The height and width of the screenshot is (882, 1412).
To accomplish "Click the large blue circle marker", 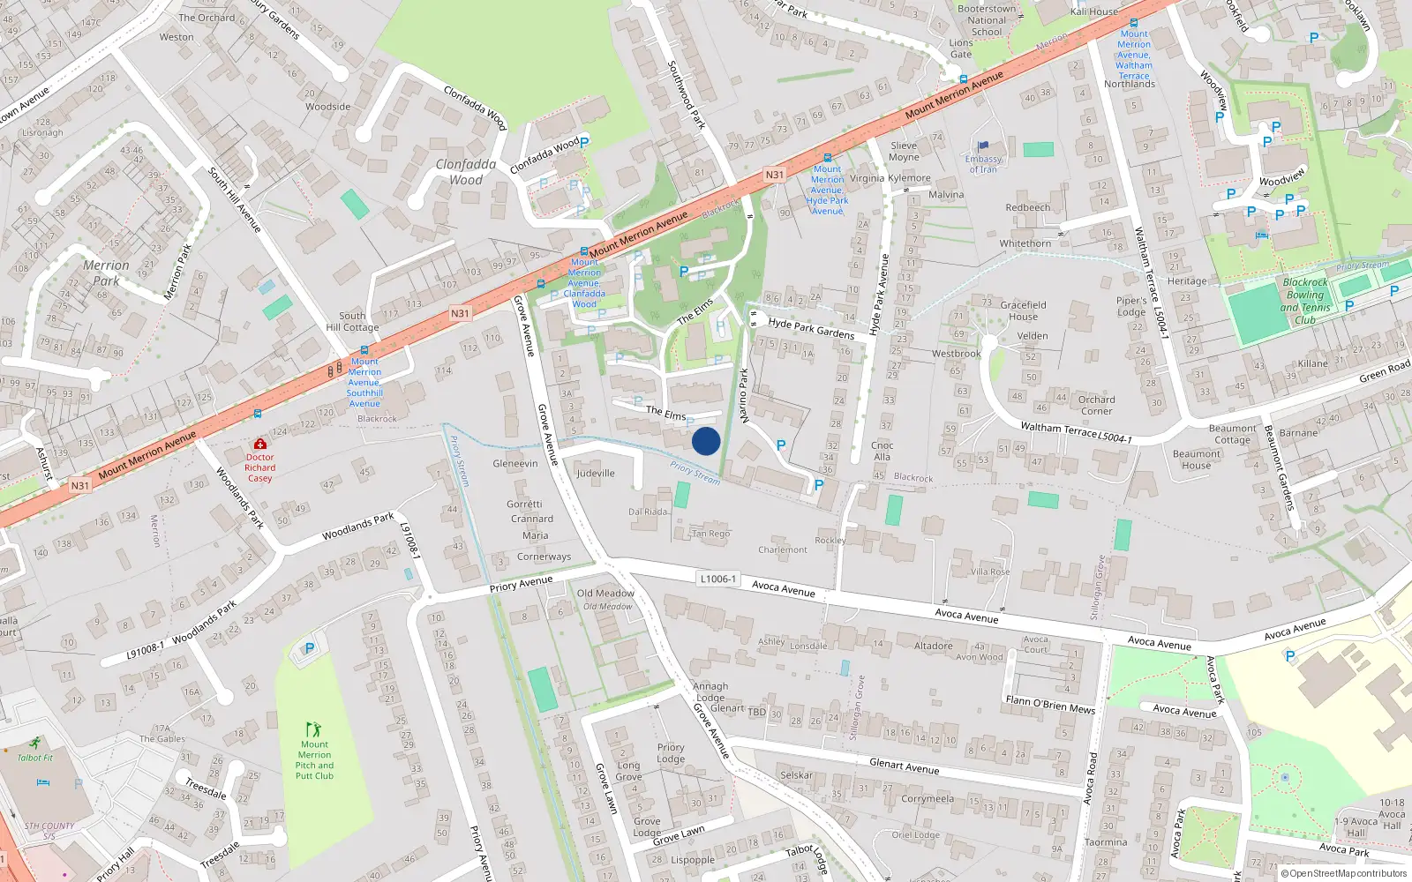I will [706, 441].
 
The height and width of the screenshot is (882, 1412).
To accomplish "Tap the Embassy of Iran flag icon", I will [983, 146].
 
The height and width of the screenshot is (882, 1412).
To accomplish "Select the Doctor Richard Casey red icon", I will [259, 445].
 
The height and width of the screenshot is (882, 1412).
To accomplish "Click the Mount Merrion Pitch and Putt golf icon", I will [313, 729].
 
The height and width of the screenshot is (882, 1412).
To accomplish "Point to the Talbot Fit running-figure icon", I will [34, 744].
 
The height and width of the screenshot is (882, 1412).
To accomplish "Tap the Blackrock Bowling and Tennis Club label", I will [1305, 302].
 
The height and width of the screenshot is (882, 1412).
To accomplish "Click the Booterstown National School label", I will [987, 20].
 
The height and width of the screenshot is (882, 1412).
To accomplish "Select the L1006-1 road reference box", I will [717, 579].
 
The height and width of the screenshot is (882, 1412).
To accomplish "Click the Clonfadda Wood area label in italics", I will [465, 172].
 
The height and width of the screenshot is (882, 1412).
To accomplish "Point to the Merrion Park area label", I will [106, 273].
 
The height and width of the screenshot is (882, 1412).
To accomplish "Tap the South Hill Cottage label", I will [352, 321].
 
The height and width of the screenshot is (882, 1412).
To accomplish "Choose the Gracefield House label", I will [1023, 310].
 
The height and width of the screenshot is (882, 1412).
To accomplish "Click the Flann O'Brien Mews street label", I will [1050, 704].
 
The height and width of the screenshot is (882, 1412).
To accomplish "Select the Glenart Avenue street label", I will [904, 766].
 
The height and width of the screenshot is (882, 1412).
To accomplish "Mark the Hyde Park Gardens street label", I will [811, 328].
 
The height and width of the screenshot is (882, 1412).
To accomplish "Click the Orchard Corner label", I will [1096, 405].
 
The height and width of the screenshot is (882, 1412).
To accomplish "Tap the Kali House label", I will [1093, 11].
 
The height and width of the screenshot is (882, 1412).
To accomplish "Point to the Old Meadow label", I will [605, 594].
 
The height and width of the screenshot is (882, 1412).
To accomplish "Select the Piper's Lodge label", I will [1131, 306].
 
